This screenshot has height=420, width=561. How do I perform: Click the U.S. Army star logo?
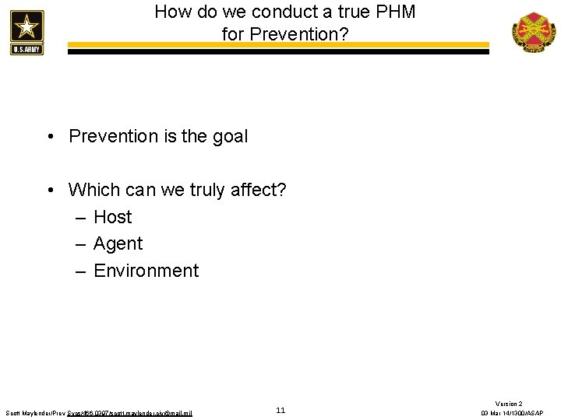pos(26,32)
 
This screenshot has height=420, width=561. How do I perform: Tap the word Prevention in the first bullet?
pos(113,136)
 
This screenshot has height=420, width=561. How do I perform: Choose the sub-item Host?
pos(112,217)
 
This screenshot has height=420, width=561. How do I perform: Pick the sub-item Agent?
pos(118,244)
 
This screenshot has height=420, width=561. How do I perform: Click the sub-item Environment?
pos(146,271)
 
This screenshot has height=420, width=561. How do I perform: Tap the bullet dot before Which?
pos(49,190)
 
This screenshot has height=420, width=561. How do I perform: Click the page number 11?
pos(280,410)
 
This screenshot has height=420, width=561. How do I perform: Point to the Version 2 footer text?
pos(509,404)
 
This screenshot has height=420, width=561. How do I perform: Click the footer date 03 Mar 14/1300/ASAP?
pos(512,413)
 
